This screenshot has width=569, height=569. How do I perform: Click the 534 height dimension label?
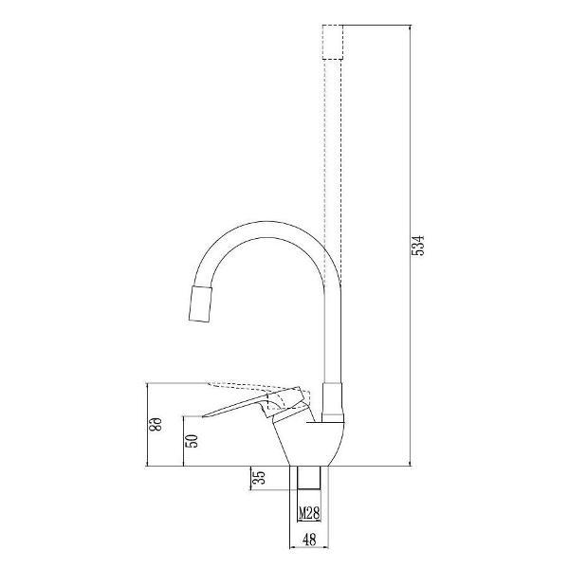(417, 246)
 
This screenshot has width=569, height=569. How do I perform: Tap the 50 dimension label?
(193, 441)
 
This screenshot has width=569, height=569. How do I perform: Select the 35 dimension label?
(260, 478)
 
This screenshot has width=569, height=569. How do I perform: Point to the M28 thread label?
(309, 513)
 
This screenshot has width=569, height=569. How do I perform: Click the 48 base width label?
(309, 540)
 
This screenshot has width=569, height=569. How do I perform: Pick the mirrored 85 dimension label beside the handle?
(156, 424)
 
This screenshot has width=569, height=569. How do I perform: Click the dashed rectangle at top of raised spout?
(333, 42)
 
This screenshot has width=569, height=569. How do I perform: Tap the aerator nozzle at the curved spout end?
(200, 303)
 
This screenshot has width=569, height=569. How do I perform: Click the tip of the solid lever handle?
(202, 416)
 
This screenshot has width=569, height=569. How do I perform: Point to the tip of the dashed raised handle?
(207, 383)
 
